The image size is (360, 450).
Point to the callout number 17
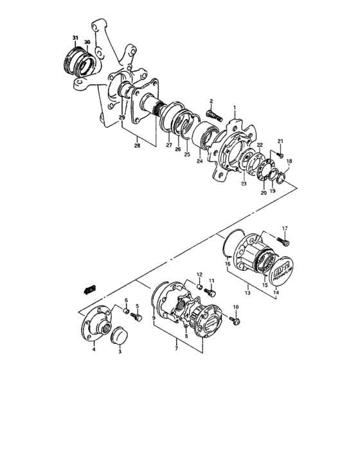point(285,228)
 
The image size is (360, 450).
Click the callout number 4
point(93,349)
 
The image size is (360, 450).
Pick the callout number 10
point(235,308)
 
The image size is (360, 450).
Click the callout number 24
point(199,161)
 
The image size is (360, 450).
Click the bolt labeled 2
point(213,118)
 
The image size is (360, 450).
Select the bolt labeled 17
point(284,241)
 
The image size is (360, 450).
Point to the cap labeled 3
point(120,337)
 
